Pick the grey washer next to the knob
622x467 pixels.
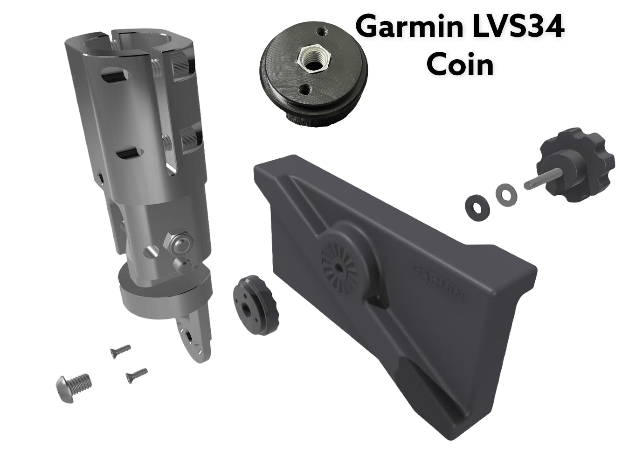click(504, 193)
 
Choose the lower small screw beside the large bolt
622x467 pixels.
click(136, 375)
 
